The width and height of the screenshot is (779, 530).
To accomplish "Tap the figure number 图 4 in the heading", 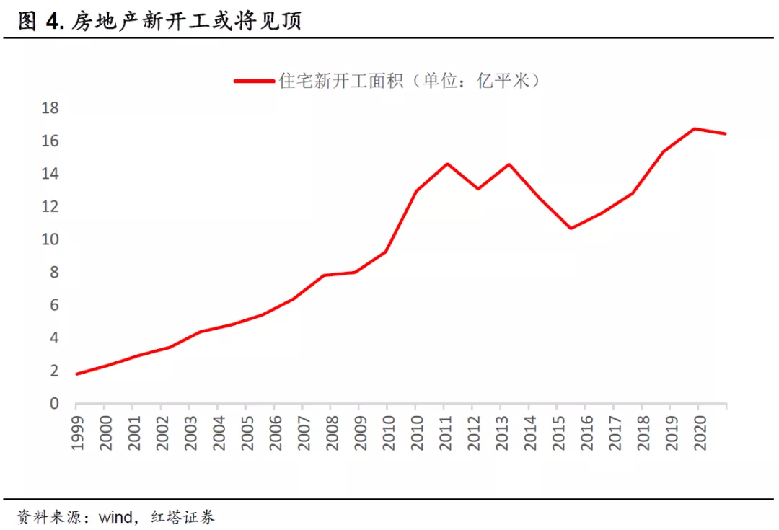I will (x=41, y=22).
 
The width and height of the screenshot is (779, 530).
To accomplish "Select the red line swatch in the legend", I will (x=253, y=81).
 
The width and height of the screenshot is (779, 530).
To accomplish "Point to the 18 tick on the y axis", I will (x=50, y=108).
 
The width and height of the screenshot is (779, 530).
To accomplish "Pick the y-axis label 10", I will (x=50, y=239).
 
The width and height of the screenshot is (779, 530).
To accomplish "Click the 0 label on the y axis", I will (x=54, y=404).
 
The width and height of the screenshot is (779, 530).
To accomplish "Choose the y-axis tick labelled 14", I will (x=50, y=174).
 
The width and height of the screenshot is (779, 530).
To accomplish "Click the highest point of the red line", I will (x=695, y=129).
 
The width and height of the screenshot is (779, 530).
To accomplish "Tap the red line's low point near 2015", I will (x=571, y=229).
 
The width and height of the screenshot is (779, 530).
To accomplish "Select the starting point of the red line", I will (x=77, y=374).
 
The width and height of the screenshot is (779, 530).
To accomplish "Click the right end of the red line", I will (x=725, y=133).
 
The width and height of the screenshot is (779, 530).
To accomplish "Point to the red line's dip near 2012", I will (x=477, y=189).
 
